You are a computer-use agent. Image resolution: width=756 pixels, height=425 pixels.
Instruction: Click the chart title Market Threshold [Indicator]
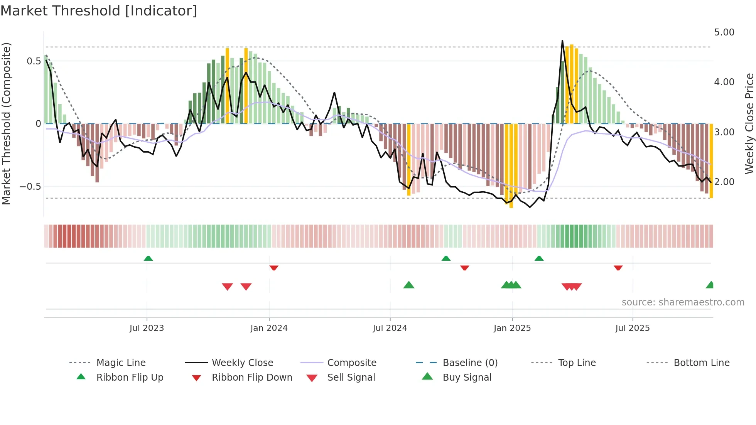tap(99, 11)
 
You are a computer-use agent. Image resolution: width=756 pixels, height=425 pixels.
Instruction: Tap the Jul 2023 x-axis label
tap(147, 328)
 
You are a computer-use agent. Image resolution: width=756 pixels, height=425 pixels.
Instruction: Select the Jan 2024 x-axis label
tap(269, 328)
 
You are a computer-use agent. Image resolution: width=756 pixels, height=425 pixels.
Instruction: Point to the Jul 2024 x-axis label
tap(390, 328)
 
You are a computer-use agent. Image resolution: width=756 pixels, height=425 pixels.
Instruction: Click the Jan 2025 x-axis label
tap(512, 328)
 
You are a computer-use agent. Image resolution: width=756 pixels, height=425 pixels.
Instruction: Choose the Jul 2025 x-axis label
tap(633, 328)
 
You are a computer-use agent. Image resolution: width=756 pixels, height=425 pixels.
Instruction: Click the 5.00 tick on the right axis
tap(724, 32)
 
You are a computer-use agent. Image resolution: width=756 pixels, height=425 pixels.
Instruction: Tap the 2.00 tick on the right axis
tap(724, 182)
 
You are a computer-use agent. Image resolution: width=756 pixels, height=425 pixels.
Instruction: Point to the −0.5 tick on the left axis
tap(30, 187)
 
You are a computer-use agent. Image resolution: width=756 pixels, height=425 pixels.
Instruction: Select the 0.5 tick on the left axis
tap(34, 61)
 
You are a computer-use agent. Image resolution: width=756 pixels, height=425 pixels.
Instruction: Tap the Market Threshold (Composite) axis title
tap(6, 123)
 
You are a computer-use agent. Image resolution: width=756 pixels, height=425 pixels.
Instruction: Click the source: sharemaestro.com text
tap(683, 302)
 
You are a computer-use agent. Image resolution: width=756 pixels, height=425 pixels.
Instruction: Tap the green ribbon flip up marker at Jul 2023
tap(148, 258)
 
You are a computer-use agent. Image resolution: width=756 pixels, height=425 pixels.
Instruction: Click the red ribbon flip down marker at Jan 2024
tap(274, 268)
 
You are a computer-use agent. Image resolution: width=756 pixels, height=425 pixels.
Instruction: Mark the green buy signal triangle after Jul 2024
tap(409, 285)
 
